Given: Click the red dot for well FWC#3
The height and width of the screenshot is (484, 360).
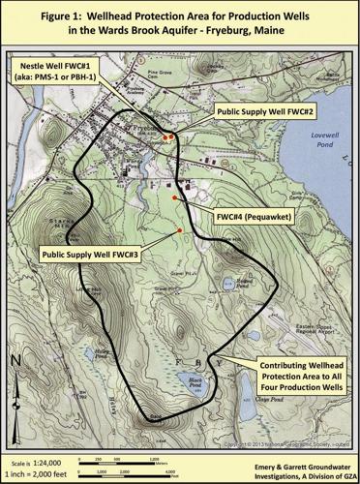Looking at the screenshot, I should (x=180, y=229).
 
